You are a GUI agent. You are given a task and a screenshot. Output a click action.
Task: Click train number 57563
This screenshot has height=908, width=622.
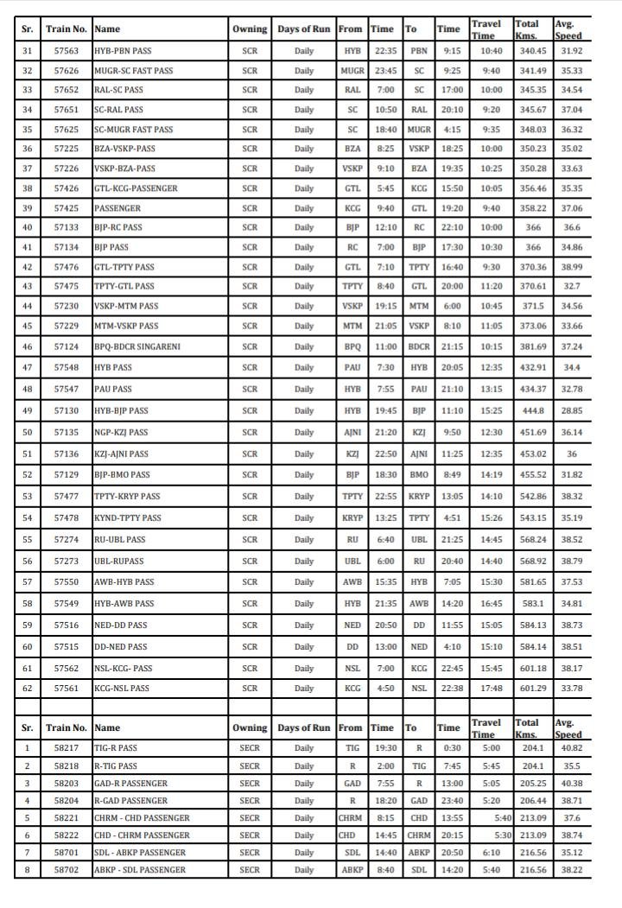(67, 51)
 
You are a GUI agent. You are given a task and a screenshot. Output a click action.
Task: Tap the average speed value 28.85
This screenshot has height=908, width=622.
(571, 411)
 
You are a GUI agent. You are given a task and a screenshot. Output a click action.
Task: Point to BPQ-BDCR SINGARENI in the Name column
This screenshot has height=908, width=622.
(137, 346)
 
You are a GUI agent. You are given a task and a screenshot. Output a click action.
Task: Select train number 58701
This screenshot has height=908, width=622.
(67, 852)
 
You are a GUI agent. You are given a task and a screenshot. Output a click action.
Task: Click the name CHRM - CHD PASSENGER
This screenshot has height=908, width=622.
(142, 817)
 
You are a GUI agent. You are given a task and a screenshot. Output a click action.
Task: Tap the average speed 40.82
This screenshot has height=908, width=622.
(571, 748)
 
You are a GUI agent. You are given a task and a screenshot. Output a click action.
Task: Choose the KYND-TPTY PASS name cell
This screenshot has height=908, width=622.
(127, 518)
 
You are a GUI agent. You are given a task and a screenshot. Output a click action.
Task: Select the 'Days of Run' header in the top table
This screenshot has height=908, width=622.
(304, 29)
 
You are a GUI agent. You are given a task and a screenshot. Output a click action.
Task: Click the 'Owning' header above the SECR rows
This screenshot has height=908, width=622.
(250, 728)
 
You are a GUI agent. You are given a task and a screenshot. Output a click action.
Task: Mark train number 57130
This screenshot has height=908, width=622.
(67, 411)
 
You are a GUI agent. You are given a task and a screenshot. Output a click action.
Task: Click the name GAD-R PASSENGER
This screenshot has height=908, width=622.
(130, 783)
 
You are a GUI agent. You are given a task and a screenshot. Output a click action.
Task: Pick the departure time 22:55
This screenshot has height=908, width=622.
(385, 497)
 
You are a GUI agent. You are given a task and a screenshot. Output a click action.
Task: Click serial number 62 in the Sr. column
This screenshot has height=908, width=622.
(28, 688)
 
